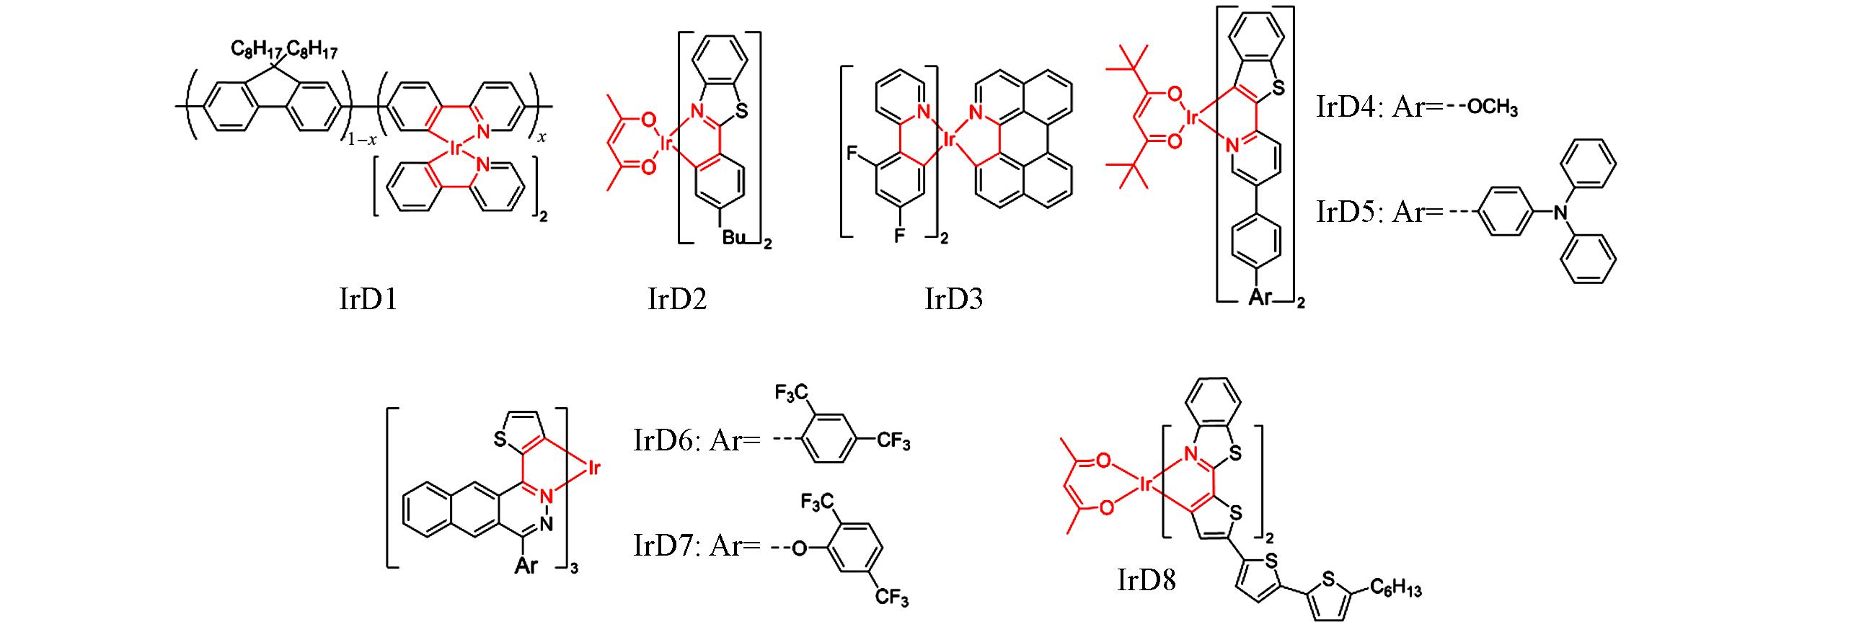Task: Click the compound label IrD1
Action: (x=368, y=298)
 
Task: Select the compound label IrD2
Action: (x=677, y=298)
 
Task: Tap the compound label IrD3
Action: (x=953, y=298)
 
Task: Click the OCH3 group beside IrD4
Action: (x=1493, y=109)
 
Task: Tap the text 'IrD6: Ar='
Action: (x=697, y=440)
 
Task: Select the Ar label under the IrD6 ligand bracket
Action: (x=526, y=566)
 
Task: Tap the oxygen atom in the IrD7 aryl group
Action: (x=799, y=549)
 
